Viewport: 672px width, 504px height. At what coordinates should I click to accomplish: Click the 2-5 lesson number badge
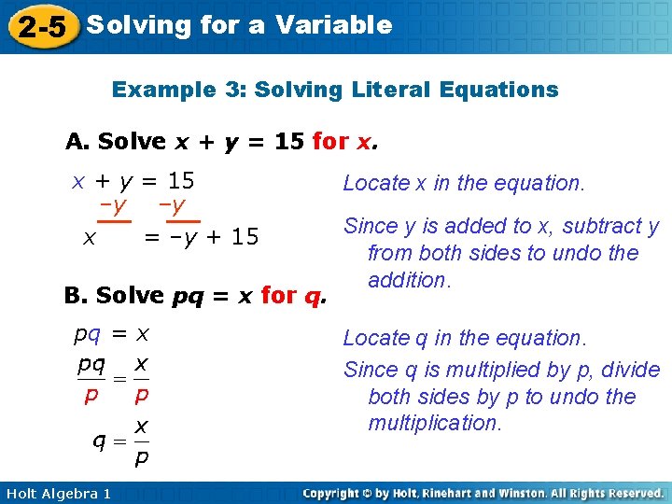41,27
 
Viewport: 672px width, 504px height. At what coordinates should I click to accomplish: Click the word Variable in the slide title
333,25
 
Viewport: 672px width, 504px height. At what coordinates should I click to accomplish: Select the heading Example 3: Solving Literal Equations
335,91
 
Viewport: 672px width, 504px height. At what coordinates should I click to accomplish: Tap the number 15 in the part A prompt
289,142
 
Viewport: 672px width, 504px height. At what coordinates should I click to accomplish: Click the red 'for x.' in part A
346,142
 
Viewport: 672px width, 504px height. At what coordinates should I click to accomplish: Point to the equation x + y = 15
133,181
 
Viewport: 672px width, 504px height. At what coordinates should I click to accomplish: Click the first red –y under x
114,206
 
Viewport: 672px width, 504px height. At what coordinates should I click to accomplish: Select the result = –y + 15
201,238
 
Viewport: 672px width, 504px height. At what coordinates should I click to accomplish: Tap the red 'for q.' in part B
294,296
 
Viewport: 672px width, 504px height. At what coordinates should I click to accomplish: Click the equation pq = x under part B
113,333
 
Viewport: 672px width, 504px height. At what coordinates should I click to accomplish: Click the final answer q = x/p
122,442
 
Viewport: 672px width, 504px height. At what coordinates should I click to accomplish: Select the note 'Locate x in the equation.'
464,183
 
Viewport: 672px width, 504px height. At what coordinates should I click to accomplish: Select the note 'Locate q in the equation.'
464,338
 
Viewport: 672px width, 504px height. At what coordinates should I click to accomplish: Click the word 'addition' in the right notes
409,280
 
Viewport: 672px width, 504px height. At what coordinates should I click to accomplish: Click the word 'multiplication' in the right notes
434,423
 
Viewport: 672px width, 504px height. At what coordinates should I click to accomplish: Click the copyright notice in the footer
483,493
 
